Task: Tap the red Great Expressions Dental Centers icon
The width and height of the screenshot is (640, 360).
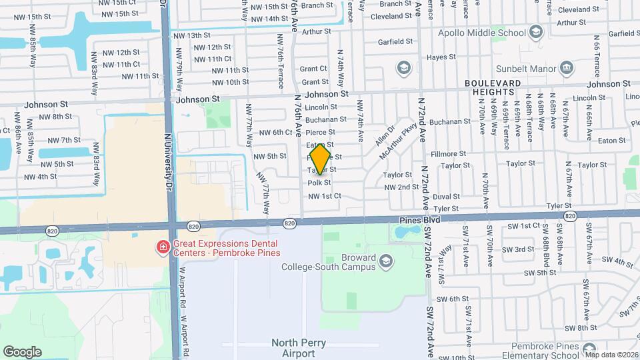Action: point(162,248)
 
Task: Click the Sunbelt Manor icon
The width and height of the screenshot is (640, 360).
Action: point(566,67)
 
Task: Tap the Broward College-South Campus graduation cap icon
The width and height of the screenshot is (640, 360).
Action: point(385,259)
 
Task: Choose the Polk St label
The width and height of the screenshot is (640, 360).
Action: point(319,183)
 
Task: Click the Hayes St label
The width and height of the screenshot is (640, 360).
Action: point(441,57)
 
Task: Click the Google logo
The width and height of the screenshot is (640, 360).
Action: point(22,351)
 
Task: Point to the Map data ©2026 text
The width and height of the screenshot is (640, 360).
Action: point(611,354)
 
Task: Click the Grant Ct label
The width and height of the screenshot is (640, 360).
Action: point(313,69)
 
